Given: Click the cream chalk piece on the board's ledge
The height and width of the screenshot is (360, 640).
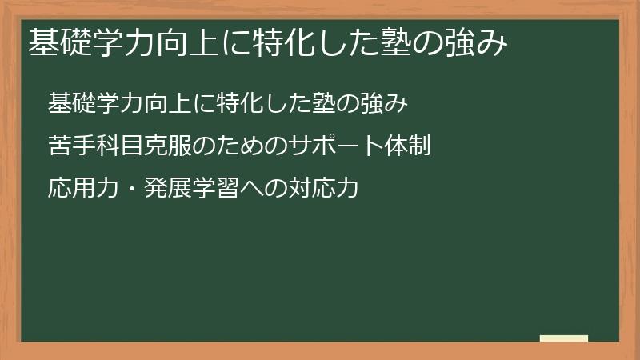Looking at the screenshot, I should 563,338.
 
